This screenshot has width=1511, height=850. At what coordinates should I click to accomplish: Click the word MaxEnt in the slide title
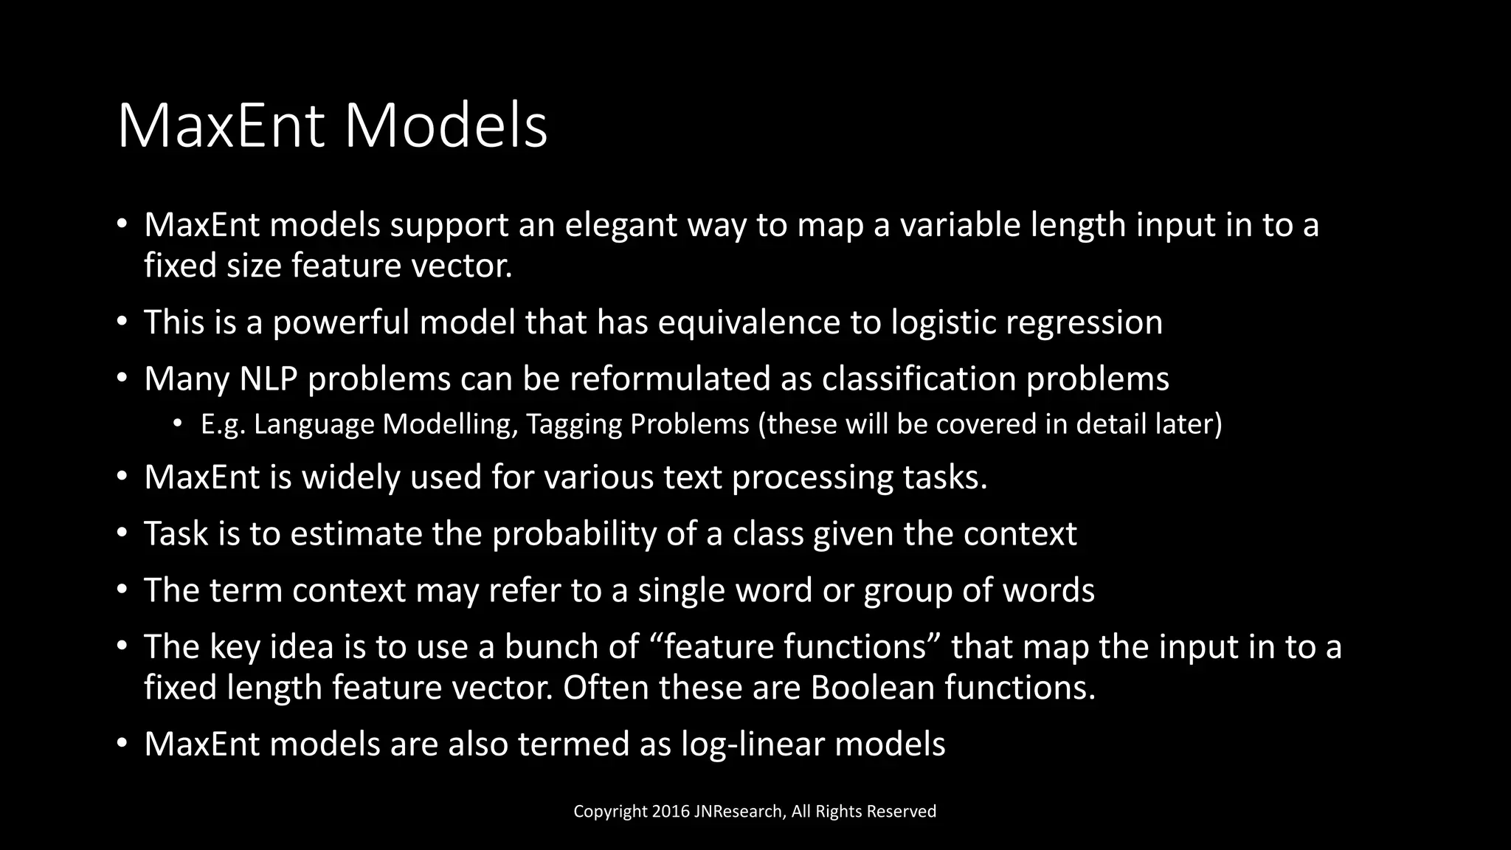pyautogui.click(x=221, y=127)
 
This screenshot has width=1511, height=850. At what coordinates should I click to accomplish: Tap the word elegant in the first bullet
pyautogui.click(x=620, y=225)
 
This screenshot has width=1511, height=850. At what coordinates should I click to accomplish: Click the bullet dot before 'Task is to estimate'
pyautogui.click(x=122, y=533)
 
